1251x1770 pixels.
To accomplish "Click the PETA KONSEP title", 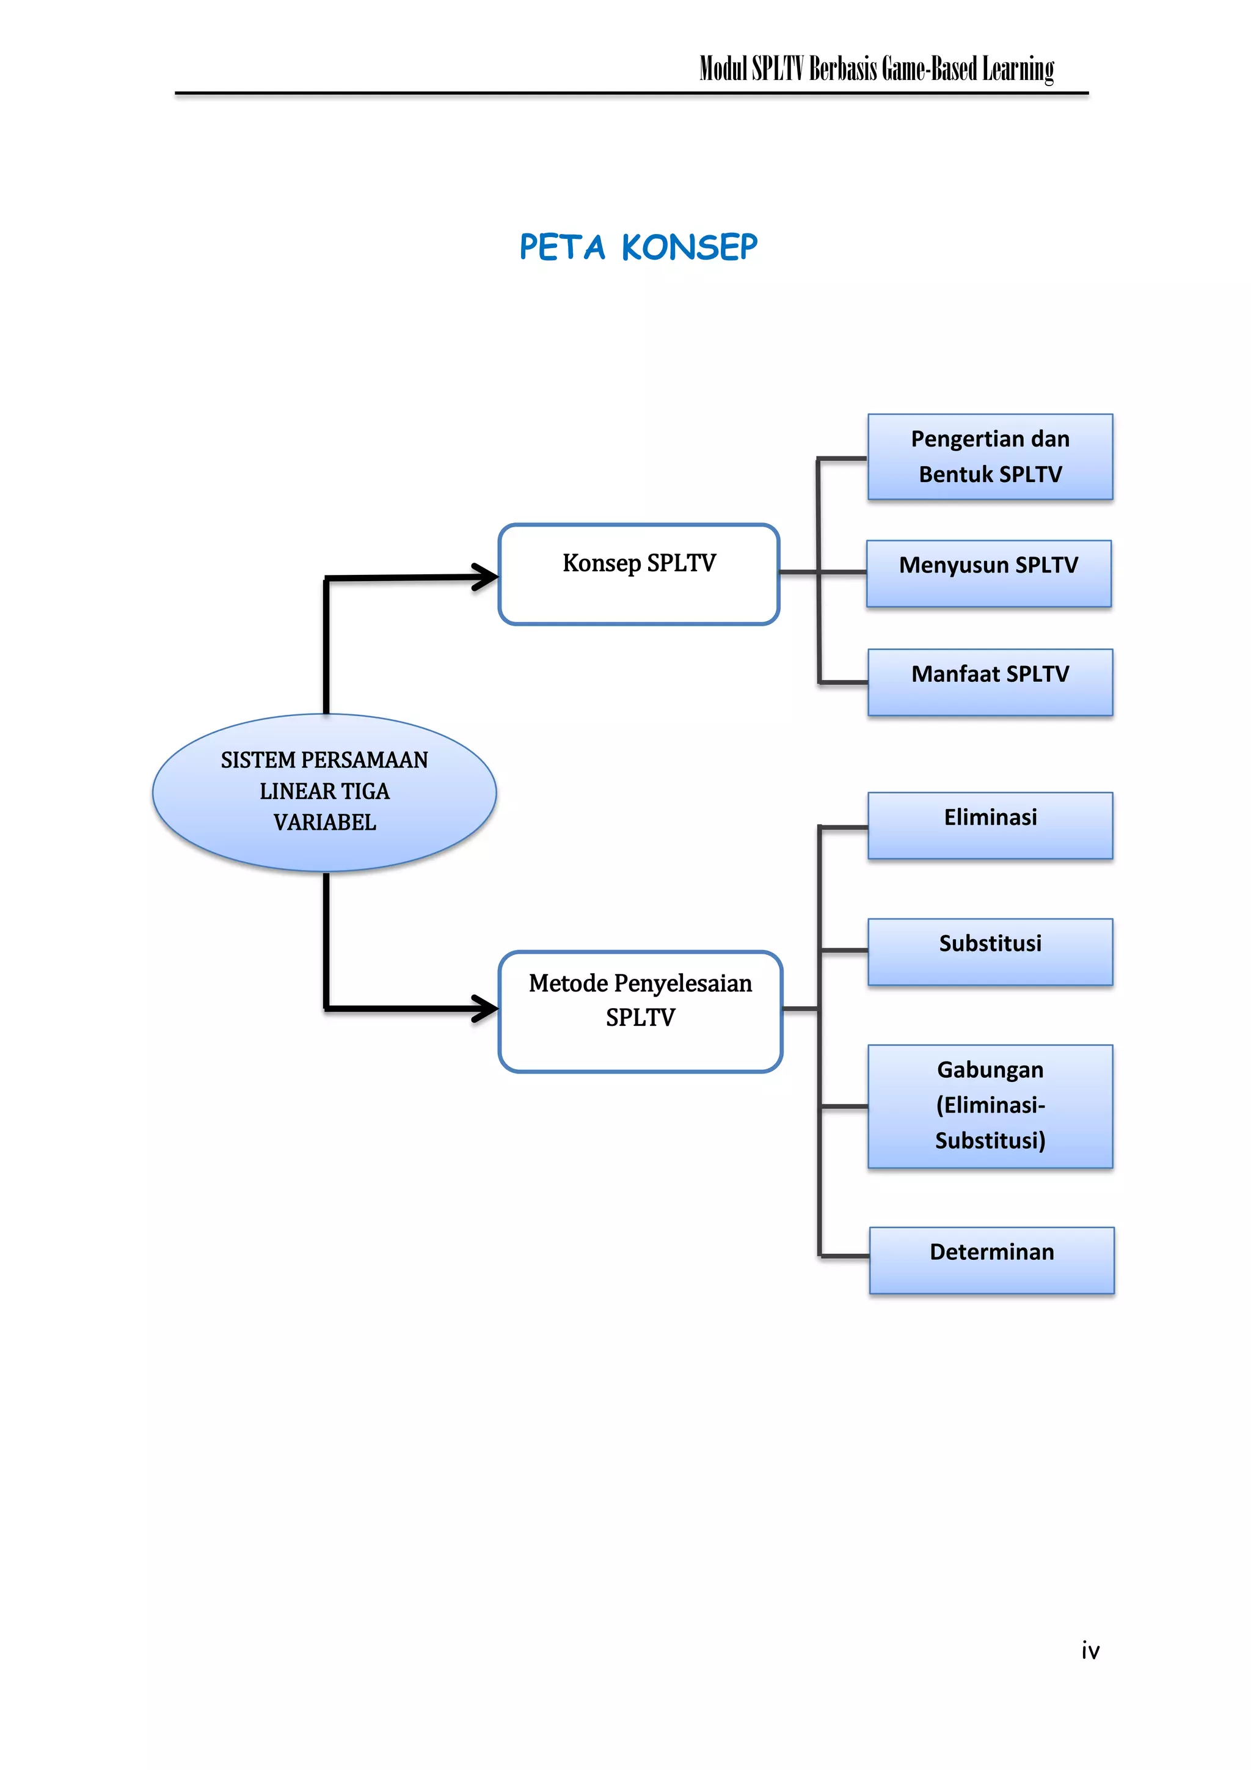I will click(638, 247).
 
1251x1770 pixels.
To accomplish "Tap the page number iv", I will click(1090, 1650).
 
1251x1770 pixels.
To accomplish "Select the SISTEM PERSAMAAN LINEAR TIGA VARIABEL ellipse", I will click(324, 792).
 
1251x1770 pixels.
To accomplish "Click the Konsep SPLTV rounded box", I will click(639, 574).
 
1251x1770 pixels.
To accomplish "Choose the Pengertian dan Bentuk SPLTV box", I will click(990, 456).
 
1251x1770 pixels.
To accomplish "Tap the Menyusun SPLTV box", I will click(988, 574).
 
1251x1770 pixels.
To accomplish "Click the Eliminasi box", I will click(990, 825).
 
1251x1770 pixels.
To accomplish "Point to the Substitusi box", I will click(990, 951).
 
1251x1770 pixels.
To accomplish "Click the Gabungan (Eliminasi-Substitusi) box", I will click(990, 1105).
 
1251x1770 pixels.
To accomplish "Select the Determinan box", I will click(991, 1260).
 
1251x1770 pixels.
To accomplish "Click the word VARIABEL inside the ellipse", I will click(324, 822).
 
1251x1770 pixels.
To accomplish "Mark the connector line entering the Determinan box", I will click(845, 1256).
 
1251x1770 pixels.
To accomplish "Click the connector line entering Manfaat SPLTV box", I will click(843, 682).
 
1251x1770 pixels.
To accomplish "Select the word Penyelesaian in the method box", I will click(683, 984).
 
